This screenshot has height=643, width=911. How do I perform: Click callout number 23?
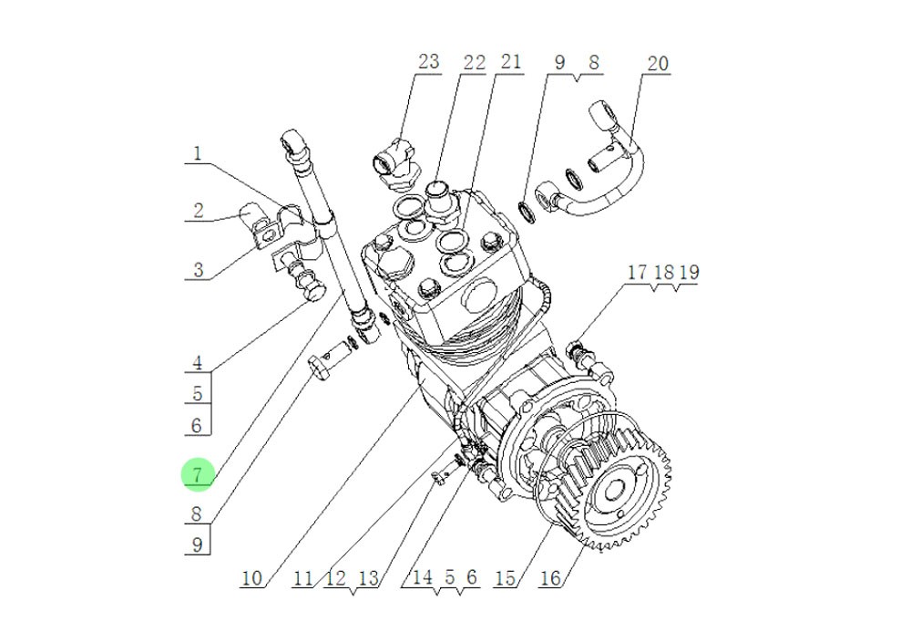428,62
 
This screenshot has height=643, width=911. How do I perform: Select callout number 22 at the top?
474,62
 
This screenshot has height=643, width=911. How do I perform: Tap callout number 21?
510,62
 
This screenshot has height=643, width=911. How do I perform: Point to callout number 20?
657,63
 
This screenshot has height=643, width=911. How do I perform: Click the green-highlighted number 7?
198,474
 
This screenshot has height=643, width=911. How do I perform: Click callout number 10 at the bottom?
251,578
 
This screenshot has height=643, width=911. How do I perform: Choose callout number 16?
549,578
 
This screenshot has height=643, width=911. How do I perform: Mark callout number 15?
506,578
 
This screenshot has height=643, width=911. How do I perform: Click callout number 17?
637,272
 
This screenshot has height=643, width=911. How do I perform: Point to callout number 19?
688,272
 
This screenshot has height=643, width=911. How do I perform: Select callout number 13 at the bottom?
367,578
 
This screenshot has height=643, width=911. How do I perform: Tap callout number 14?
422,576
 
